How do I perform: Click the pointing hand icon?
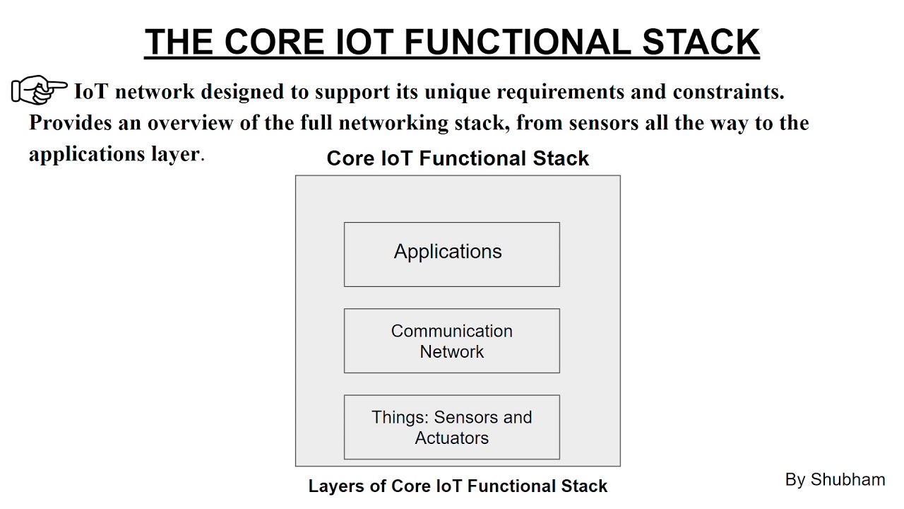point(39,90)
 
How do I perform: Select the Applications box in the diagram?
point(451,255)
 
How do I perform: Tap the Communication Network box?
point(451,341)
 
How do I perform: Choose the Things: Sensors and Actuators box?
point(451,427)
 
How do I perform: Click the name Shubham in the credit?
point(847,479)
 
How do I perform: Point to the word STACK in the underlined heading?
point(701,42)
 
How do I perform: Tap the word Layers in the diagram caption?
point(335,486)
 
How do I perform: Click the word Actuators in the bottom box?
point(451,438)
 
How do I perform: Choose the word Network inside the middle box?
point(451,351)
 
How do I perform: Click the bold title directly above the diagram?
point(458,158)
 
